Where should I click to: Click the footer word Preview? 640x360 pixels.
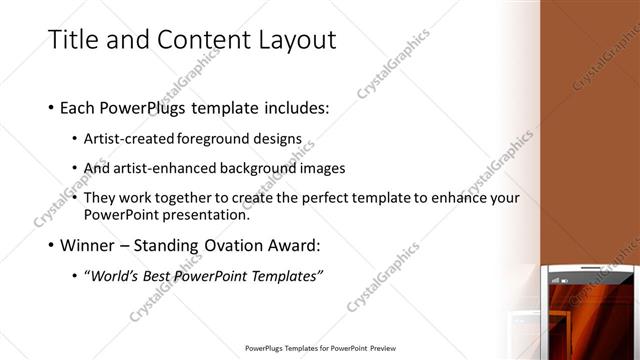coord(378,349)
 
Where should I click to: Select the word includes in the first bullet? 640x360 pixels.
coord(297,105)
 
